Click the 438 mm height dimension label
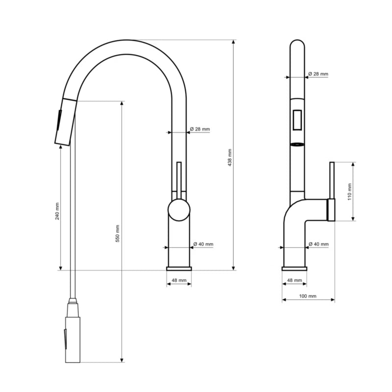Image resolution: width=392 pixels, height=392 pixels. pos(230,158)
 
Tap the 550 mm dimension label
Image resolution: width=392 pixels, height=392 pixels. pos(118,234)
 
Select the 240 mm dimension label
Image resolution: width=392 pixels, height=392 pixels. pos(57,211)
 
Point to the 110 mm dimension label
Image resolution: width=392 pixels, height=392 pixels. pos(349,192)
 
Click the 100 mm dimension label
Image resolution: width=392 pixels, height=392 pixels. pos(308,296)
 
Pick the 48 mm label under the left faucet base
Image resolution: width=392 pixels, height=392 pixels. pos(179,280)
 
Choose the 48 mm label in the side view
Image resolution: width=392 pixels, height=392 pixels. pos(294,280)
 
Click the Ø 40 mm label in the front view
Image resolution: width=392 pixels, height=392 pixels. pos(203,244)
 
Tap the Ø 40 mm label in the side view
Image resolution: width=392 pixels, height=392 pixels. pos(319,244)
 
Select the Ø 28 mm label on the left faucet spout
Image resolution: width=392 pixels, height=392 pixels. pos(200,129)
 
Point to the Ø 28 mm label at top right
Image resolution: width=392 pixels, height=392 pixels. pos(318,74)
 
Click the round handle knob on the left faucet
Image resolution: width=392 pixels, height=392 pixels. pos(179,210)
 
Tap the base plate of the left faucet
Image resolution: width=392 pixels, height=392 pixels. pos(179,269)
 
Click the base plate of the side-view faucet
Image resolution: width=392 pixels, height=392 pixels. pos(294,269)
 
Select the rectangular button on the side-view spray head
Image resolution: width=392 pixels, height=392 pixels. pos(297,120)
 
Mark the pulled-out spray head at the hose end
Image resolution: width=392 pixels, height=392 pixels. pos(73,333)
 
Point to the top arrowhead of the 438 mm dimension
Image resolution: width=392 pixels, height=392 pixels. pos(234,42)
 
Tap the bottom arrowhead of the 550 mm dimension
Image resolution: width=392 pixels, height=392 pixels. pos(122,360)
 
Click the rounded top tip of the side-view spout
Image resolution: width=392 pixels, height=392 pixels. pos(297,40)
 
